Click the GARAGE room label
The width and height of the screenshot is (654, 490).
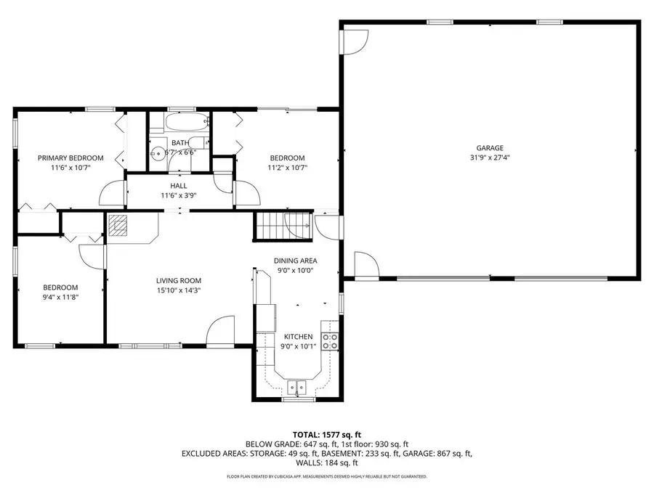pos(490,148)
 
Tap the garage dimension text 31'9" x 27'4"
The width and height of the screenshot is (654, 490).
pos(490,158)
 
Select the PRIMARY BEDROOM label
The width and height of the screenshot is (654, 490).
pos(70,158)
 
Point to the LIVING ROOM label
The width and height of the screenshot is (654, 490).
pos(179,280)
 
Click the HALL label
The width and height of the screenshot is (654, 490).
pos(179,186)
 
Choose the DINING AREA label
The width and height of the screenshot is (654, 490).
pos(295,261)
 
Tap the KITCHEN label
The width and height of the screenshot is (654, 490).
pos(298,337)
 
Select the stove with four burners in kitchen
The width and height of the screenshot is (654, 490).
pos(330,341)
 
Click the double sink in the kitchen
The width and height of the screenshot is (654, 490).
pos(297,388)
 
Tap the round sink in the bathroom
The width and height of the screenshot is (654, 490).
pos(157,153)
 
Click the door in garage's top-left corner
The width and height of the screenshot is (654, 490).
pos(353,41)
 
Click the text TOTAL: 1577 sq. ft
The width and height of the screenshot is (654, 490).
pos(326,433)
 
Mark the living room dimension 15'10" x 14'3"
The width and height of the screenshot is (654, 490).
pos(179,290)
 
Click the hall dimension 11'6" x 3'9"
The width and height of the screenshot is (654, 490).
pos(179,195)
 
